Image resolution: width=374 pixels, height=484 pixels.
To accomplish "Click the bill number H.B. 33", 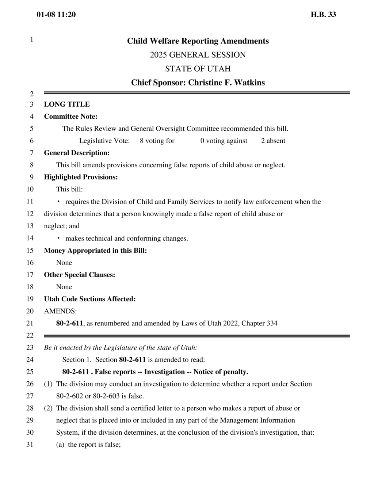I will point(323,15).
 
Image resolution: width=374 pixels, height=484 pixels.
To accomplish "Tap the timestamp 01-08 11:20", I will point(56,15).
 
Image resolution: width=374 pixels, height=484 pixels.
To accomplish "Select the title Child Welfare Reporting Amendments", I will point(198,41).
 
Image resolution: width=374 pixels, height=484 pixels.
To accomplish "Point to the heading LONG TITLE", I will point(67,104).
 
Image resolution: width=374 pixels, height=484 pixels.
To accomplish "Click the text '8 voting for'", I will point(157,141).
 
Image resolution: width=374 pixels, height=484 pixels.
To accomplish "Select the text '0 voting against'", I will point(224,141).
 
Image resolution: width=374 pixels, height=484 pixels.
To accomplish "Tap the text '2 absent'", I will point(273,141).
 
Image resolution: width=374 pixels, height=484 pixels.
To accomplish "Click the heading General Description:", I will point(77,153).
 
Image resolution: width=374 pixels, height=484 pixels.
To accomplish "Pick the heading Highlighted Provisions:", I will point(81,177).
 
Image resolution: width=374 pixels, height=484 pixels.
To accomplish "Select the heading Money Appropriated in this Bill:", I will point(95,251).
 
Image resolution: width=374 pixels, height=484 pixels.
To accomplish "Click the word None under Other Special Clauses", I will point(64,287).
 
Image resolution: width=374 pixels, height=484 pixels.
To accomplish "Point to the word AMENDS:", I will point(60,311).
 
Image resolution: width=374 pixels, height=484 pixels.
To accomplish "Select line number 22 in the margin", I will point(30,335).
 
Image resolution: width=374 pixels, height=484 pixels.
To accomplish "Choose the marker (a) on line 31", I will point(60,445).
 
